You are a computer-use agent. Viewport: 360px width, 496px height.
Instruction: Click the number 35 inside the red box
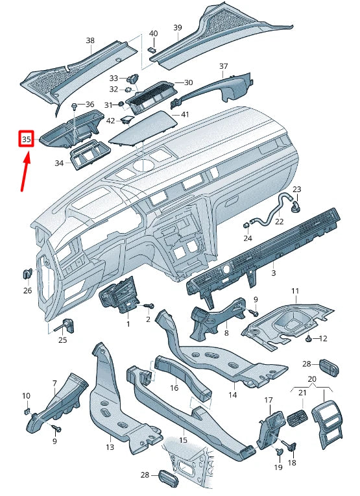click(27, 139)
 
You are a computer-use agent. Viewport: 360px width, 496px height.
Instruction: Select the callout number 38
click(90, 40)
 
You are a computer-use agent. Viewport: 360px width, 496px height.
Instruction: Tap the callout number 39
click(177, 27)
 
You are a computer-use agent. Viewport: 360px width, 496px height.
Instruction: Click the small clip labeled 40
click(152, 47)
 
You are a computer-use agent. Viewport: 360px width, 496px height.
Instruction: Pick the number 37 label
click(224, 67)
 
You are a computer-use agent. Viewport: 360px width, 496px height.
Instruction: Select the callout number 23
click(297, 190)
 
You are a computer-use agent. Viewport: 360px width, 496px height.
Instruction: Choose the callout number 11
click(294, 291)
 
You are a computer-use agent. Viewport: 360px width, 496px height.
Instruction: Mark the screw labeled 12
click(309, 339)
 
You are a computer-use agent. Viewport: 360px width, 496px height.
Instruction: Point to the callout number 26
click(27, 290)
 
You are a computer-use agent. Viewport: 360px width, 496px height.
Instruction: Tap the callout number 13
click(110, 447)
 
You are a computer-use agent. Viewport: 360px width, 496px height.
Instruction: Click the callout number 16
click(174, 388)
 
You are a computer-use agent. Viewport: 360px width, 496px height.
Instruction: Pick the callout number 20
click(311, 378)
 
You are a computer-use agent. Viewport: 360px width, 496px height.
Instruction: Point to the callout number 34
click(60, 163)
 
